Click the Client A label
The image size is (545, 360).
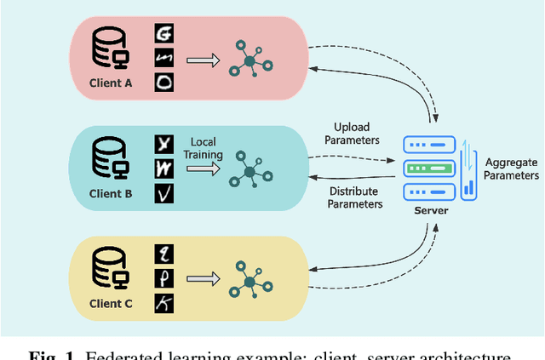pos(112,83)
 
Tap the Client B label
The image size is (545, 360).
pos(112,193)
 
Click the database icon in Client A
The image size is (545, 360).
pos(111,49)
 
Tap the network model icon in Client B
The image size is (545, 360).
pos(249,170)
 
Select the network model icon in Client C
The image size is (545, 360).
pos(249,280)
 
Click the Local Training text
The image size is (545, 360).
pos(206,148)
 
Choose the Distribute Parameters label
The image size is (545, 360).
pos(355,197)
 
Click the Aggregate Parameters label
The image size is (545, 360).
pos(511,169)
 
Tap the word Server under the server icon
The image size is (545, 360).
pos(430,209)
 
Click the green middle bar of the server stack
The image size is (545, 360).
pos(429,168)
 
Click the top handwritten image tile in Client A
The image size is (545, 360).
pos(163,34)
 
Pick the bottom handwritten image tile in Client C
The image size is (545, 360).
pos(163,303)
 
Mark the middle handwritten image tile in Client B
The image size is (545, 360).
pos(163,169)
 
